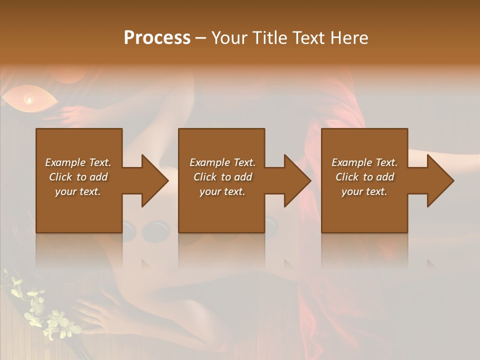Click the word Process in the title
(157, 38)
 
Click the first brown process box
(78, 210)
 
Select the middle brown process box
(221, 210)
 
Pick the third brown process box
(364, 210)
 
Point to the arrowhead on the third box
(439, 180)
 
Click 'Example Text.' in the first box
(78, 162)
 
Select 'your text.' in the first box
(78, 191)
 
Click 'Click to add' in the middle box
(222, 177)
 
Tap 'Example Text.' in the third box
(364, 162)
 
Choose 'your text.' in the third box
(364, 191)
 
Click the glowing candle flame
(29, 100)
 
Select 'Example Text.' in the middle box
(222, 162)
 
